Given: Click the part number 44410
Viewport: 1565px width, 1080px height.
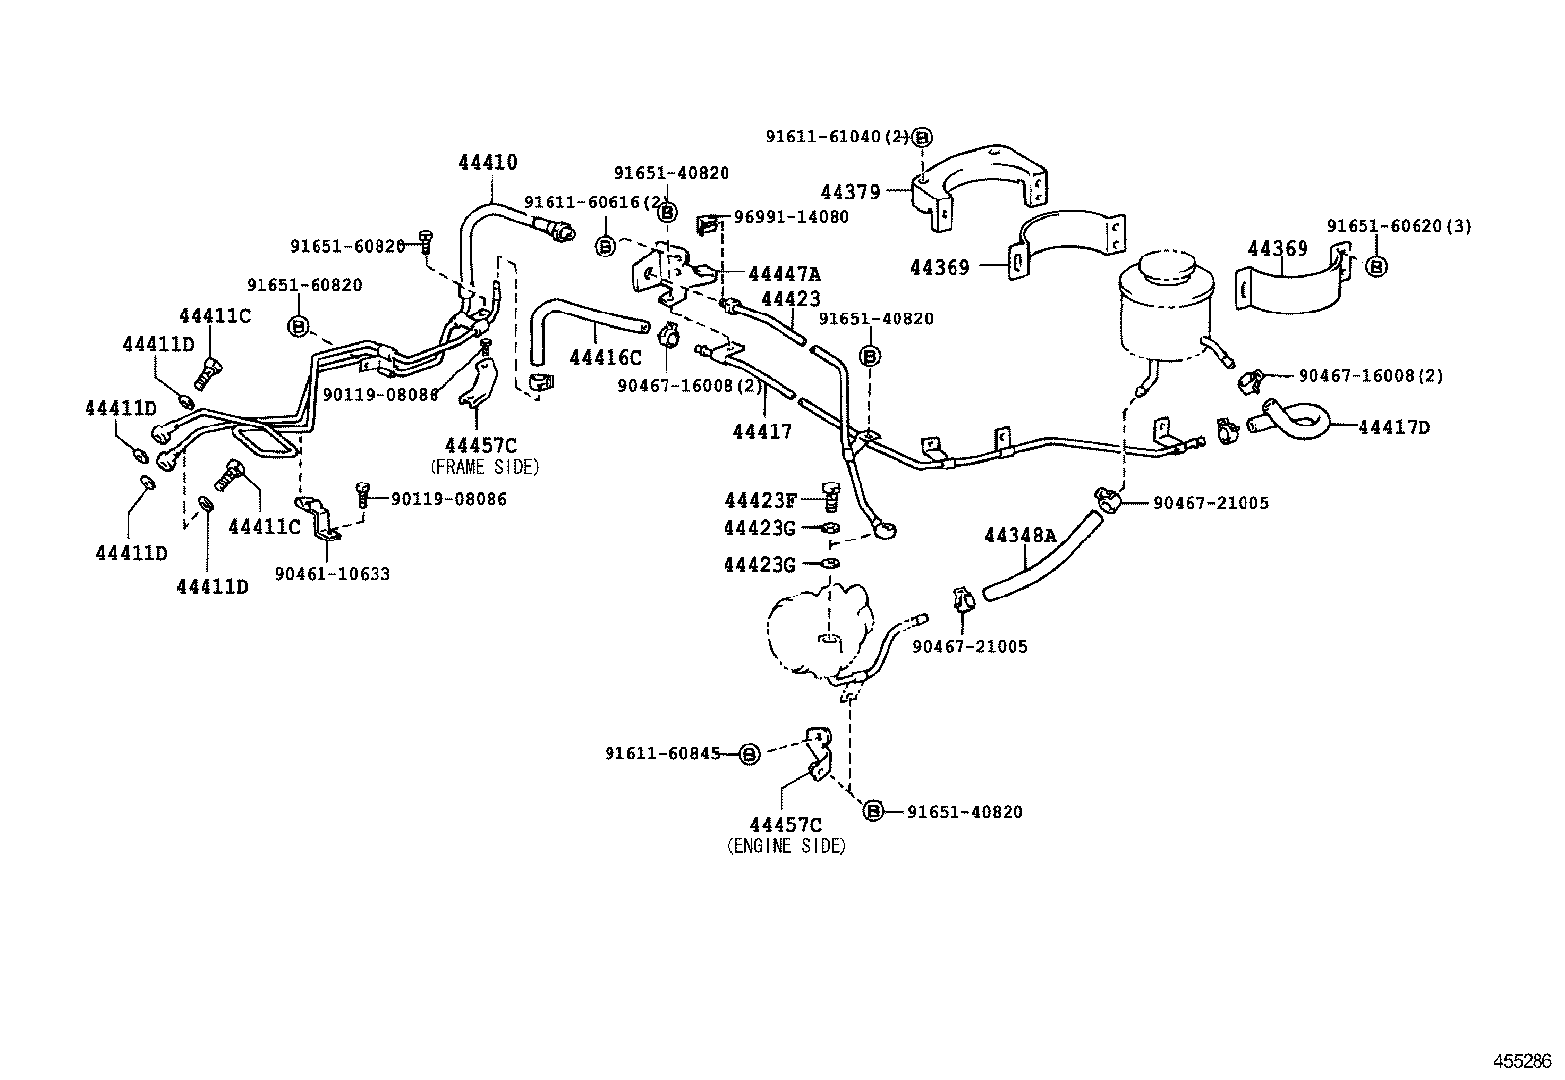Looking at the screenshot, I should (488, 163).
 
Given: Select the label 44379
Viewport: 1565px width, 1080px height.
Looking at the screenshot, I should (850, 193).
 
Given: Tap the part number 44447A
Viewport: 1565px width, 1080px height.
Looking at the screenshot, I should (783, 274).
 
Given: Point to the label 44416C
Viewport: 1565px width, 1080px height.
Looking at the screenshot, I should (605, 359).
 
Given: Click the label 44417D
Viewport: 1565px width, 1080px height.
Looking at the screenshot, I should (1394, 427).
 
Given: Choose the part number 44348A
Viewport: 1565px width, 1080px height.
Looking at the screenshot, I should (1019, 536).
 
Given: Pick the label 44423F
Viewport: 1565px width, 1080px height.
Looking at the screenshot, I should (760, 500).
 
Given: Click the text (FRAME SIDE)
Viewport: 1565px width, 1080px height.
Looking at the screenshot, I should (485, 467).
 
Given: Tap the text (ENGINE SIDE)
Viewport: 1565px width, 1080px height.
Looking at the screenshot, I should (786, 846).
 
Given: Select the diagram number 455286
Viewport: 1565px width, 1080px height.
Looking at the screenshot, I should (1523, 1061).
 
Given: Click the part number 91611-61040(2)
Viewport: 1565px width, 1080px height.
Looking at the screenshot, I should (838, 137).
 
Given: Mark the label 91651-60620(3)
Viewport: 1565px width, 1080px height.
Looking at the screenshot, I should (1399, 226).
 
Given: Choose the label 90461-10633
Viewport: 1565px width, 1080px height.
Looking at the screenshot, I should (332, 574).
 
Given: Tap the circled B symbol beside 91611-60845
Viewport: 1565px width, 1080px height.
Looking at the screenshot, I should (748, 754).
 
